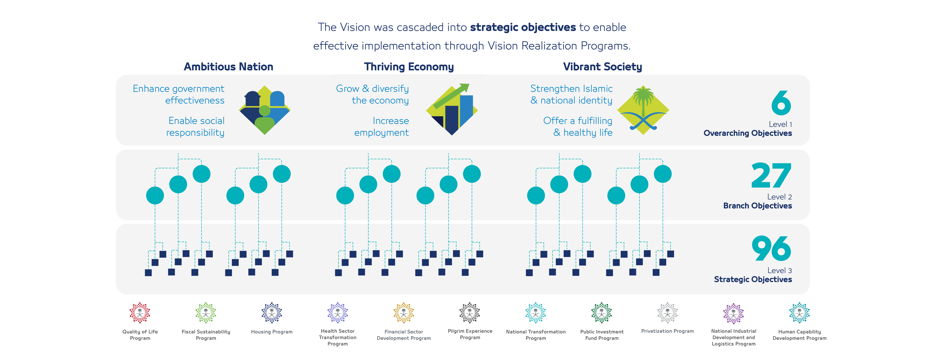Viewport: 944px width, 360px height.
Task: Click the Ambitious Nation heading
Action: (228, 67)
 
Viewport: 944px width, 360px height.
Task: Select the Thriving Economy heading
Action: (409, 67)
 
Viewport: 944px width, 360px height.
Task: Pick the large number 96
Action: (771, 249)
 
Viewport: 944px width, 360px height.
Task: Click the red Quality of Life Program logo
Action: (140, 313)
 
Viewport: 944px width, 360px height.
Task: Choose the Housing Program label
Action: (272, 332)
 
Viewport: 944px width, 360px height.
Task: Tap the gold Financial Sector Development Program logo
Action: (404, 313)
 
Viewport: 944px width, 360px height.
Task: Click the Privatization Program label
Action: (667, 331)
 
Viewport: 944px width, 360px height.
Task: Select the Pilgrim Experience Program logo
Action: (469, 313)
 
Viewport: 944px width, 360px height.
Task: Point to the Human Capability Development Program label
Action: (799, 335)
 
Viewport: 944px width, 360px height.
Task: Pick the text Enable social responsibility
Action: (196, 127)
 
